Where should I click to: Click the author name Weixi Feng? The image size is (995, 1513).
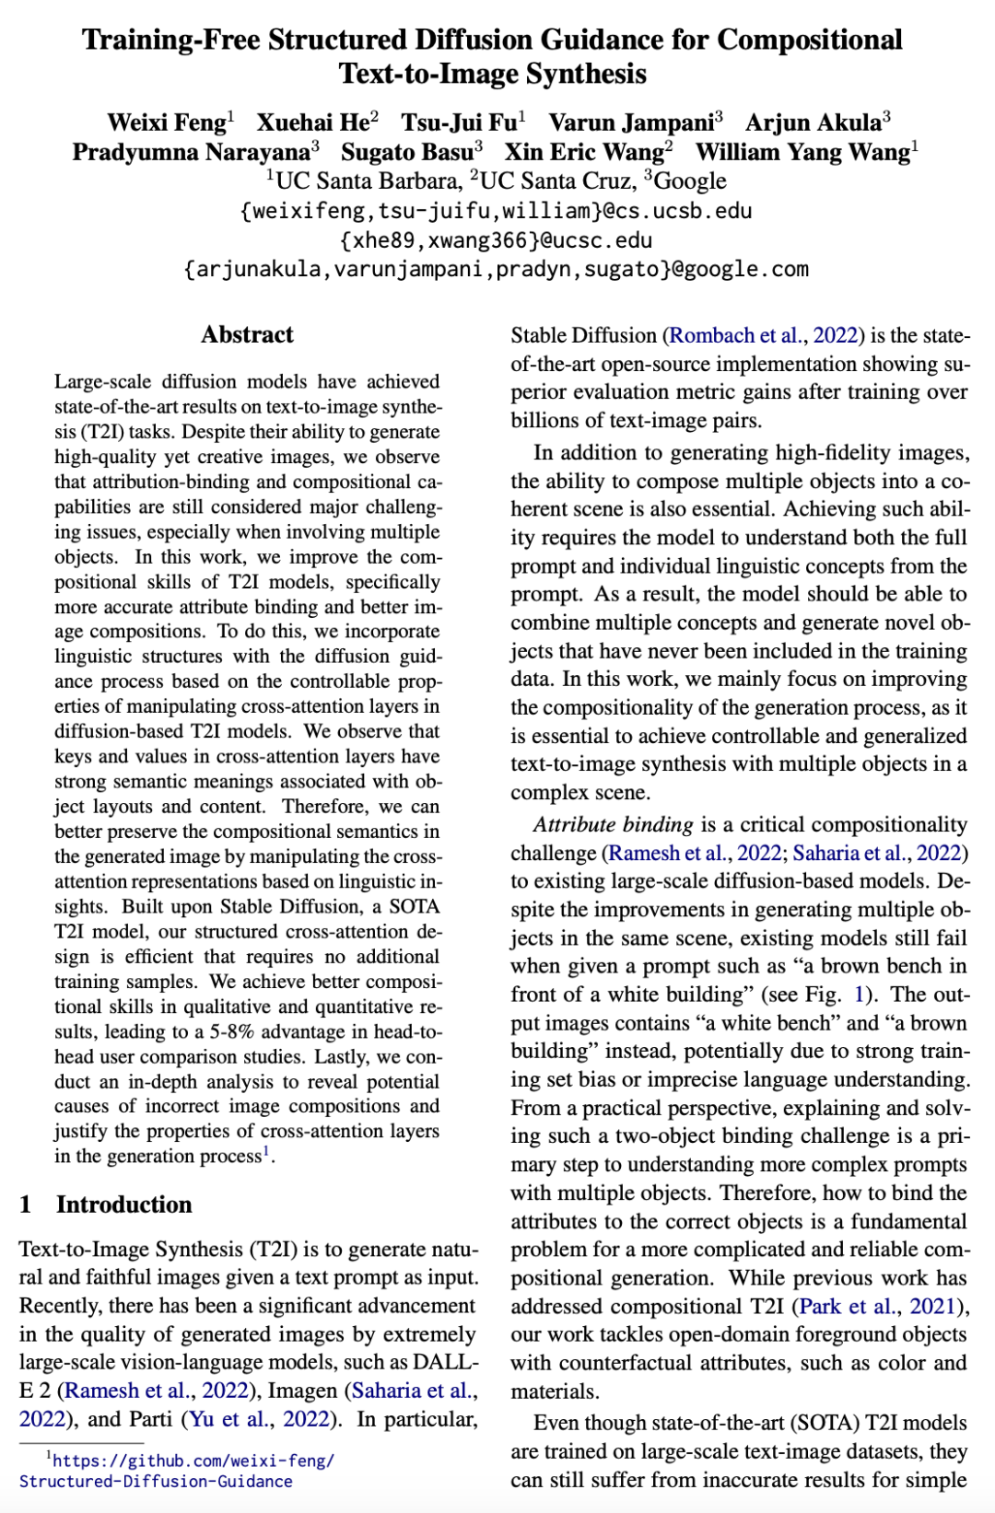click(x=167, y=122)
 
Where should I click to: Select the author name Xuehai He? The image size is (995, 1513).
click(x=313, y=122)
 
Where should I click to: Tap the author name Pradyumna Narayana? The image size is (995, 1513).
click(x=192, y=152)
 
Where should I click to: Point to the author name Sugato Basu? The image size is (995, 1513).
click(x=407, y=152)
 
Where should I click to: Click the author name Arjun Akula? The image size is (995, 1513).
click(x=814, y=122)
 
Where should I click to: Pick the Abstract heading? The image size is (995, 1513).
click(x=247, y=334)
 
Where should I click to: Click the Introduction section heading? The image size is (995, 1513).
click(x=123, y=1205)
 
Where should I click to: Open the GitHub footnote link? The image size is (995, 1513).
click(x=175, y=1471)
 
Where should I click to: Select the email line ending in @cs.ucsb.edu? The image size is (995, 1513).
click(x=496, y=211)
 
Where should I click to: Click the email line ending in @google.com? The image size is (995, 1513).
click(x=496, y=269)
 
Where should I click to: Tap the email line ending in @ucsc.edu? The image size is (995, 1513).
click(x=496, y=240)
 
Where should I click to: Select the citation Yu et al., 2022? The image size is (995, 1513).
click(x=260, y=1419)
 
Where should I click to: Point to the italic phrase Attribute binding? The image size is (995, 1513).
click(x=613, y=824)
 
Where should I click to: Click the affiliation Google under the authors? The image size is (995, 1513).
click(x=690, y=180)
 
